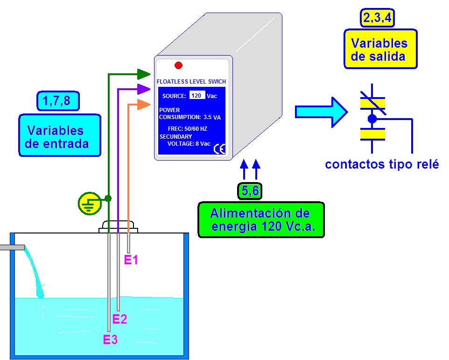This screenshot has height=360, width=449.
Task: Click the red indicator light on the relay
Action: click(178, 65)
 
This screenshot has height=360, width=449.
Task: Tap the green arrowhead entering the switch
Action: click(143, 73)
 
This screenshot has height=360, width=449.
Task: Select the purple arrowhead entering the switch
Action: click(143, 89)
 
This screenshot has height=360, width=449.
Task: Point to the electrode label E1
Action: click(131, 260)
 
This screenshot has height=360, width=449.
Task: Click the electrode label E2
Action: click(120, 319)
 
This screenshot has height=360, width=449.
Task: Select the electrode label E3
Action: click(111, 340)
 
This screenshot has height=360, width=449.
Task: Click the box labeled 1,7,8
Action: click(57, 100)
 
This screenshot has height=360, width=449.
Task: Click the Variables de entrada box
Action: click(59, 135)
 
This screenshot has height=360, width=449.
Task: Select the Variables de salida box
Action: click(380, 49)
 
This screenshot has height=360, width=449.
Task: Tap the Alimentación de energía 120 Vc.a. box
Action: click(260, 220)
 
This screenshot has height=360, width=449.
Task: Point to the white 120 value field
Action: click(197, 95)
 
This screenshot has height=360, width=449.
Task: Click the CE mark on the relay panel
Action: click(219, 149)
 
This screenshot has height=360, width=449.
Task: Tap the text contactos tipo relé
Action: click(382, 164)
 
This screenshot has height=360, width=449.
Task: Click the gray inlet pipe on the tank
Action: click(12, 247)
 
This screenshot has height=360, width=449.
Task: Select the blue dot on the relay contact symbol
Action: click(372, 119)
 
